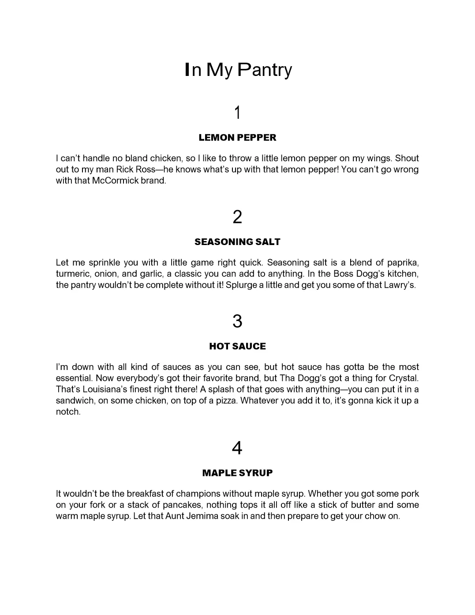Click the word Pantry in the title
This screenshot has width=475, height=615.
click(265, 70)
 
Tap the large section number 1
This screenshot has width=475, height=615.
click(237, 113)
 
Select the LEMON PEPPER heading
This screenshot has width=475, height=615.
click(237, 137)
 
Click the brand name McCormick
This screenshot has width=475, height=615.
click(115, 181)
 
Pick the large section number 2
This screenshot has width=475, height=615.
click(237, 217)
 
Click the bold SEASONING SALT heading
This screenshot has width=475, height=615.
click(237, 241)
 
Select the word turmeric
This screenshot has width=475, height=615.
click(73, 274)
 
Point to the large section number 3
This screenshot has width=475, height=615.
click(237, 321)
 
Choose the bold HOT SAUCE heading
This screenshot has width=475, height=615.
click(237, 346)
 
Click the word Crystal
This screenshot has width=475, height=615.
click(403, 378)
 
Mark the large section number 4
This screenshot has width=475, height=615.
click(237, 448)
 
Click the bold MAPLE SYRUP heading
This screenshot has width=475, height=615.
click(237, 473)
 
